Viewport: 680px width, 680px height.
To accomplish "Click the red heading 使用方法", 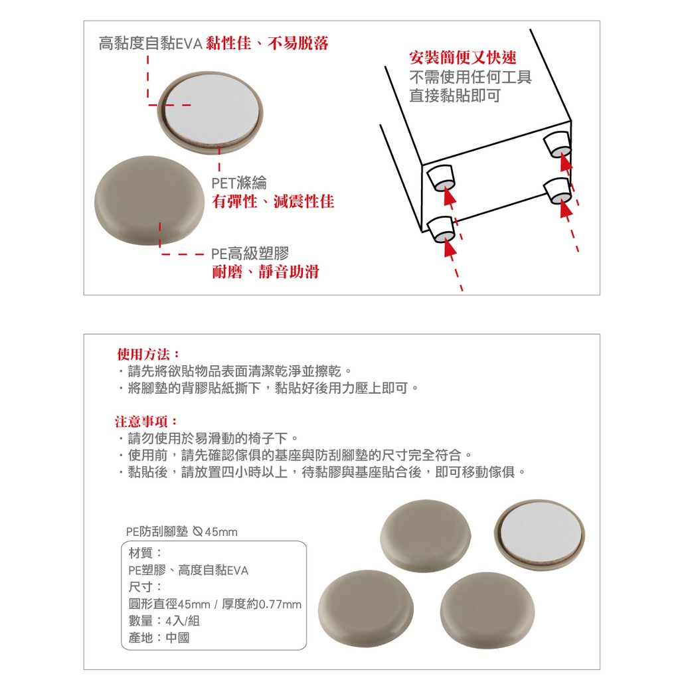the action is (x=148, y=355).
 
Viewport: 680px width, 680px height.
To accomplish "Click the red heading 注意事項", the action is (x=147, y=421).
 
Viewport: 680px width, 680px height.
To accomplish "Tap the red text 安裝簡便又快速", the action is (x=463, y=57).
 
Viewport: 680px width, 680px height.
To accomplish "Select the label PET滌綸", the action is (x=239, y=183).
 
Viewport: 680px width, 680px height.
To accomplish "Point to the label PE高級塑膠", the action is (x=250, y=254).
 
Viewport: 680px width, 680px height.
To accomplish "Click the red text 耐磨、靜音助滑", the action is (x=266, y=272).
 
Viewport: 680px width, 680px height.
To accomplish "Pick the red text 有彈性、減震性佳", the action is (x=273, y=202).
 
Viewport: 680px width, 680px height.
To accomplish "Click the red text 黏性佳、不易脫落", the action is (x=267, y=43).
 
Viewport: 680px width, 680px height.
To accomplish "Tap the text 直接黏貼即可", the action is (x=455, y=96).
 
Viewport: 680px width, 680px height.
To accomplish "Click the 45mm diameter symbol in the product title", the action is (x=198, y=531).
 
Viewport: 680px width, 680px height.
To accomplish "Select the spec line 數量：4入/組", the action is (x=164, y=621).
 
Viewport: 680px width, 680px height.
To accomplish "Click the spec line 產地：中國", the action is (x=159, y=637).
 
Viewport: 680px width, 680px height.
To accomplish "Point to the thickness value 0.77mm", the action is (x=280, y=604).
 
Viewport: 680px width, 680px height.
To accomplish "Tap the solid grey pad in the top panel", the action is (x=149, y=201).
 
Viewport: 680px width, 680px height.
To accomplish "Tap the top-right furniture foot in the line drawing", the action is (x=558, y=144).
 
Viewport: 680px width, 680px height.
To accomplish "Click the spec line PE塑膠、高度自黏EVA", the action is (x=188, y=570).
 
